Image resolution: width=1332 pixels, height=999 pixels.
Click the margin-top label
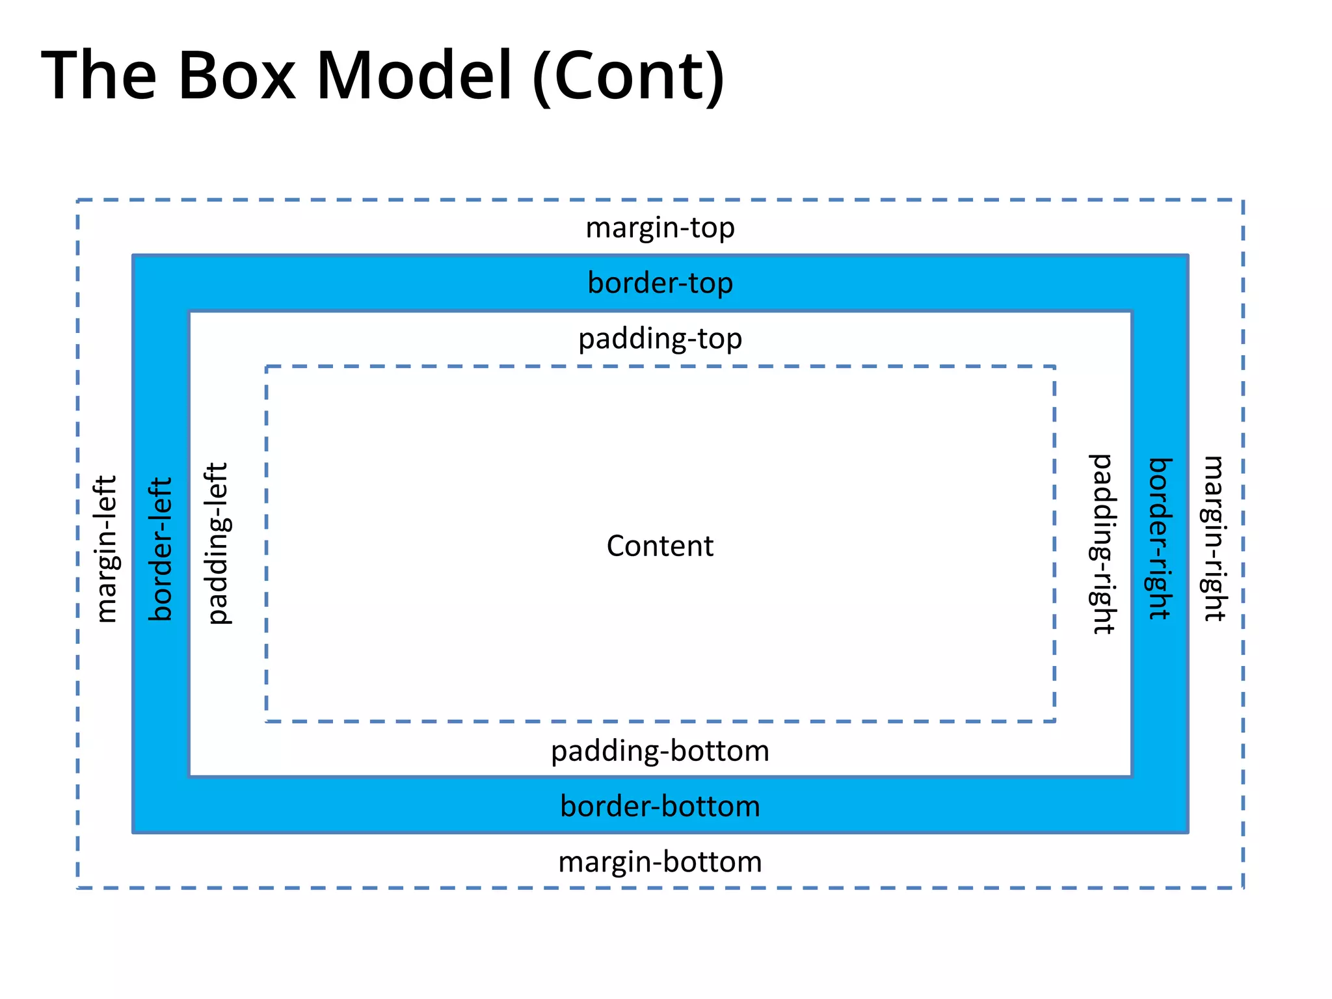(x=660, y=228)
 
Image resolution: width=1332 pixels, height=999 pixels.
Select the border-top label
(x=660, y=284)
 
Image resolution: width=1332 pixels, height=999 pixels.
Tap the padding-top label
(x=660, y=339)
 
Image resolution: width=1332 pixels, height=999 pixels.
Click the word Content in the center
(x=659, y=546)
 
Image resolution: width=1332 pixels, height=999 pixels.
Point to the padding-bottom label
(x=660, y=751)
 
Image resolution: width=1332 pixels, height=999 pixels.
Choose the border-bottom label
(x=660, y=806)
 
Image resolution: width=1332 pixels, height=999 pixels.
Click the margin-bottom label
(x=660, y=862)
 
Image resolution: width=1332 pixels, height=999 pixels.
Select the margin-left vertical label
(x=105, y=549)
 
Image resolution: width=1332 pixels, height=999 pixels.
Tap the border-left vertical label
(x=161, y=549)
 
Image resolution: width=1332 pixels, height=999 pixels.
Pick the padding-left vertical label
(x=217, y=544)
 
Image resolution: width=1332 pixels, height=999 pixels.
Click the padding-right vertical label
(x=1102, y=544)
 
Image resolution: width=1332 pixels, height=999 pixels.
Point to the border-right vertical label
(x=1160, y=539)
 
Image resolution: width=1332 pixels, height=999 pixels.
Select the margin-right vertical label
(x=1214, y=539)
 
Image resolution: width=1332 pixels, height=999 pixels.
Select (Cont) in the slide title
(x=628, y=77)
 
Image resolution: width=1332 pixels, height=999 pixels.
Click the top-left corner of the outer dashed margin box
(x=78, y=200)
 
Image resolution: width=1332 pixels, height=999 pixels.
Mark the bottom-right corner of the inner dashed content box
(x=1054, y=721)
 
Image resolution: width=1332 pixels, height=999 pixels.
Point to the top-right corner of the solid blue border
(x=1188, y=256)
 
